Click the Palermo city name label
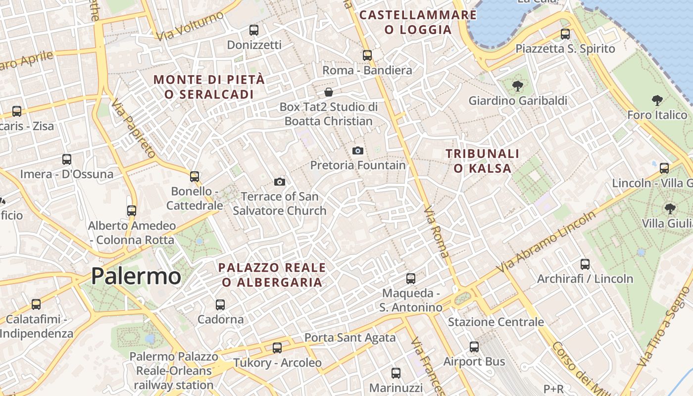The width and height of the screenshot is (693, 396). point(136,276)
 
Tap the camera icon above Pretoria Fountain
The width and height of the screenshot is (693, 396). point(357,150)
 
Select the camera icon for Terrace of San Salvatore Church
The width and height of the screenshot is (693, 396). point(280,182)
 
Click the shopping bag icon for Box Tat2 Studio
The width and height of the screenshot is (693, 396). point(328,92)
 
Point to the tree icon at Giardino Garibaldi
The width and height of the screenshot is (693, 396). point(518,86)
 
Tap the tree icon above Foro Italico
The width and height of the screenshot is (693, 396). point(657,101)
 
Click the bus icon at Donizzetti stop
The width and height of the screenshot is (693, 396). point(254,30)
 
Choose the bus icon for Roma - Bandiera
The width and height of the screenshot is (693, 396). point(367,55)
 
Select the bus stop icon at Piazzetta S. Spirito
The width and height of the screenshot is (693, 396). point(565,34)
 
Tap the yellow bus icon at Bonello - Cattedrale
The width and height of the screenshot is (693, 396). point(195,176)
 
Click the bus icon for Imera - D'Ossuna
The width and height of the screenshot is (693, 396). point(67,159)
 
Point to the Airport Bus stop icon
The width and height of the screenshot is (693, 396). point(474,347)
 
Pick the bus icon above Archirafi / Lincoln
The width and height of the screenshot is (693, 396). point(585,264)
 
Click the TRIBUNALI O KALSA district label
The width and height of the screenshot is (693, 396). point(483,161)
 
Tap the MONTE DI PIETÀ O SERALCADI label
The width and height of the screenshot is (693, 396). point(209,87)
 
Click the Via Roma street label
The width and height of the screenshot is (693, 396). point(437,232)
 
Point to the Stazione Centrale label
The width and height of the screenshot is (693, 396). point(496,322)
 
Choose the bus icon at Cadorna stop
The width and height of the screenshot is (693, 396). point(220,305)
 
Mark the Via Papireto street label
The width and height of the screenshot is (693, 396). point(133,128)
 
